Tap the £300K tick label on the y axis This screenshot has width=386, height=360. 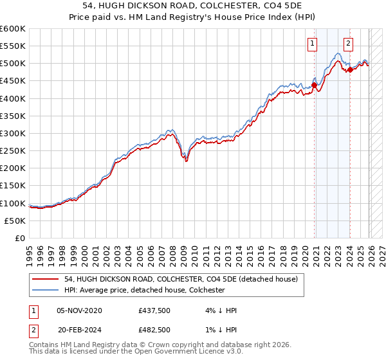click(13, 133)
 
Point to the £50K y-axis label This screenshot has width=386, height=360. click(15, 221)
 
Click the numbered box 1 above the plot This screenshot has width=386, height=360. click(313, 44)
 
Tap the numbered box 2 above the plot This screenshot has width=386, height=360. click(348, 44)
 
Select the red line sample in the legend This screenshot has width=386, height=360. click(46, 280)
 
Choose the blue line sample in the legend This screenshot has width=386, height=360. click(46, 291)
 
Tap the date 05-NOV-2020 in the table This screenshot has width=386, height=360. click(79, 310)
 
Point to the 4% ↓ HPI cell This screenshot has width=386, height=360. click(219, 310)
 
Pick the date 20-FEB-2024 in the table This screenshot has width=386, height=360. click(79, 330)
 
